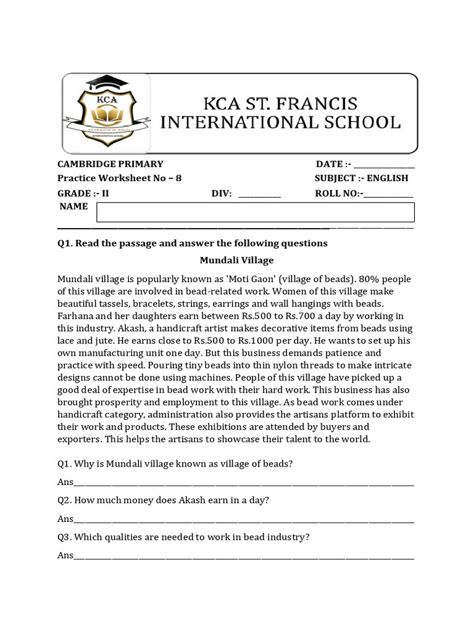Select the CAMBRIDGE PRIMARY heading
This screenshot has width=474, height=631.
110,164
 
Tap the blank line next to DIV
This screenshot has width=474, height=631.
259,195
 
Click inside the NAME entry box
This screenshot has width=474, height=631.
255,212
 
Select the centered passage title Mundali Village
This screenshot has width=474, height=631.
236,260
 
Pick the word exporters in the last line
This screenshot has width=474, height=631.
78,439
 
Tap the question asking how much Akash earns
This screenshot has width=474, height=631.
164,500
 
